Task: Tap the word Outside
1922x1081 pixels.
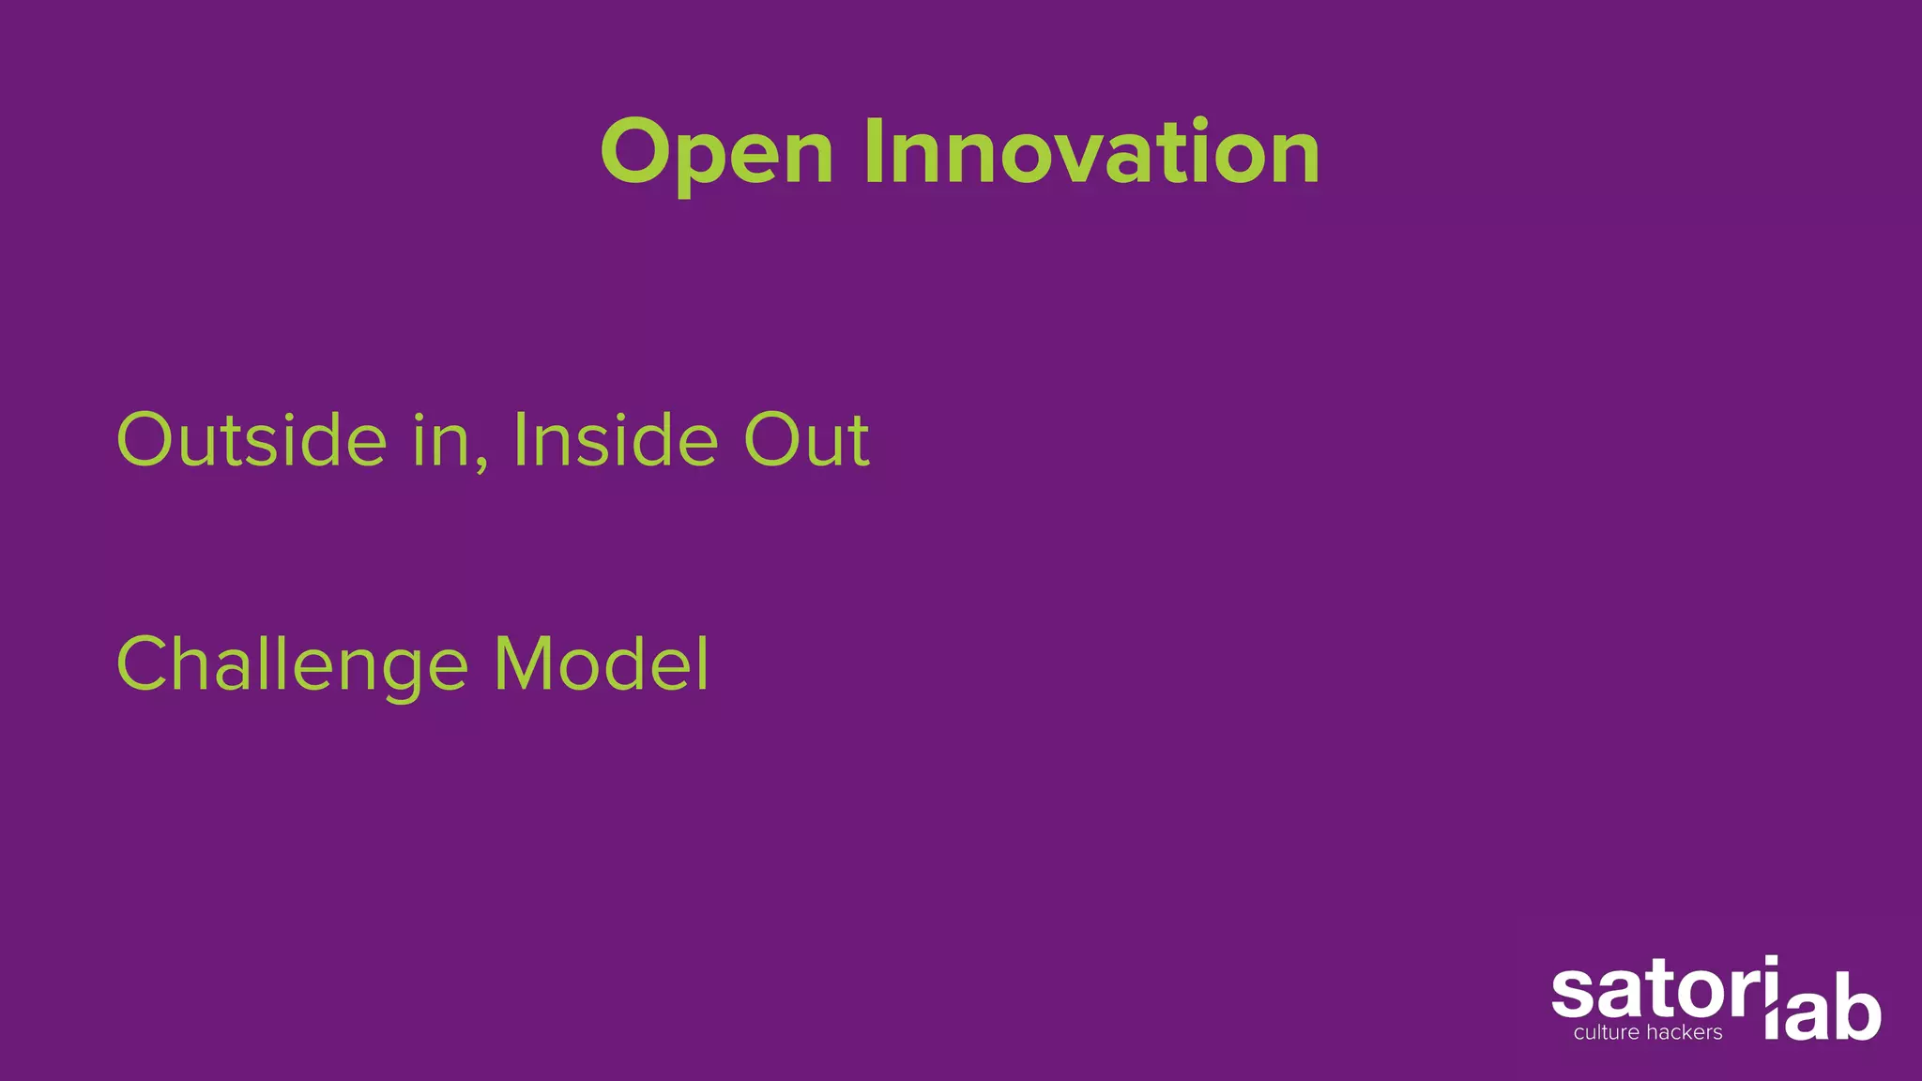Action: coord(251,439)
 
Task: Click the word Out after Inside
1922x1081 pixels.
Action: coord(806,439)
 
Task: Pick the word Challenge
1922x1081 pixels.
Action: coord(292,664)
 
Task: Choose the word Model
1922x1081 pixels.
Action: coord(602,663)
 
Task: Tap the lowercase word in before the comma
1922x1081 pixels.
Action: coord(442,439)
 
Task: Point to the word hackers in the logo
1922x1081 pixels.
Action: coord(1687,1033)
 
